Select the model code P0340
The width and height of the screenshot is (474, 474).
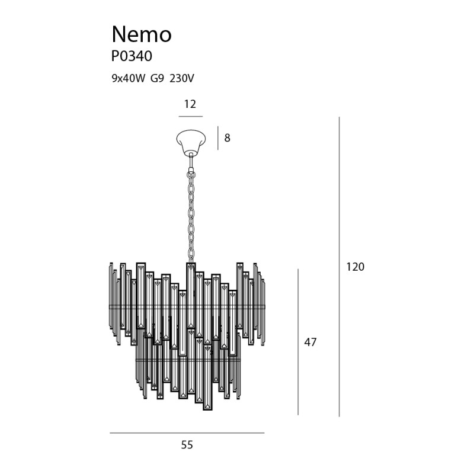point(132,57)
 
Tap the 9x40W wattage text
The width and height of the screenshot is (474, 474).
point(128,78)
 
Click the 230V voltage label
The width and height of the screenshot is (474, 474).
point(182,78)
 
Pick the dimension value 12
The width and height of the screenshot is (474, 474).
point(190,104)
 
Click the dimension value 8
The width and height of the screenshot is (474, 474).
point(227,139)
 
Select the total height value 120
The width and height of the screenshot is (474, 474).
point(355,267)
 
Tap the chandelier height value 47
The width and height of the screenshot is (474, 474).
point(310,342)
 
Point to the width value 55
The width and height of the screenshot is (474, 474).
point(187,445)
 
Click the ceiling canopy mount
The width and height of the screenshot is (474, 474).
point(190,140)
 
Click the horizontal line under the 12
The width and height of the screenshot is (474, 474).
point(190,116)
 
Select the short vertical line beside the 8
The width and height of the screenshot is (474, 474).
point(217,138)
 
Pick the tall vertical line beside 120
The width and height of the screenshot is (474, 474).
point(339,267)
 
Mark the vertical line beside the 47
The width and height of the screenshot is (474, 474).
point(298,342)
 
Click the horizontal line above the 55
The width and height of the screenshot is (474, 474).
point(187,433)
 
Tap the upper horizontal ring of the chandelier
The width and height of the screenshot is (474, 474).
point(187,306)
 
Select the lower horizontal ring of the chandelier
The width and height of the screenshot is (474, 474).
point(188,359)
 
